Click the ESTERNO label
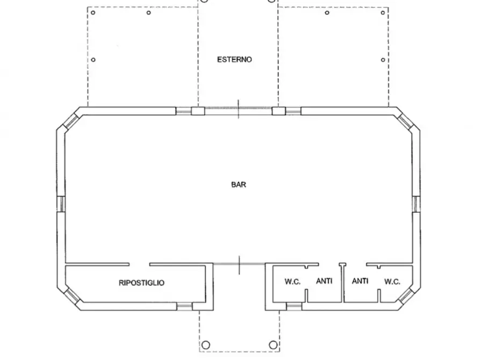click(x=234, y=60)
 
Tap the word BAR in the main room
click(x=239, y=185)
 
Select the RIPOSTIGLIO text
click(x=141, y=283)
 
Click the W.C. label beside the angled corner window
click(x=392, y=282)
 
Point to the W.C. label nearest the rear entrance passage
click(x=292, y=282)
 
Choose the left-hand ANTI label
click(x=324, y=280)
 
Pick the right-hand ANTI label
click(x=360, y=280)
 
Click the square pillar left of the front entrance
click(x=198, y=111)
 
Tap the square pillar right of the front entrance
click(x=279, y=111)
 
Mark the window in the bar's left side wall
click(x=61, y=204)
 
